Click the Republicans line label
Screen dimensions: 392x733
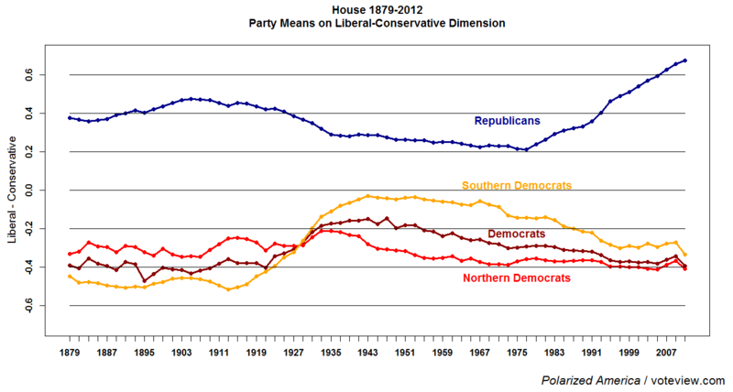507,121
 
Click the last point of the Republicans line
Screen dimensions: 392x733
685,60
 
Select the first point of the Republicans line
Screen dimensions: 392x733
70,117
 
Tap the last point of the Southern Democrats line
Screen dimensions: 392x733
685,255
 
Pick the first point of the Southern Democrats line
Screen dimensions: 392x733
70,276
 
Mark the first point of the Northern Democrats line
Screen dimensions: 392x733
70,254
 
